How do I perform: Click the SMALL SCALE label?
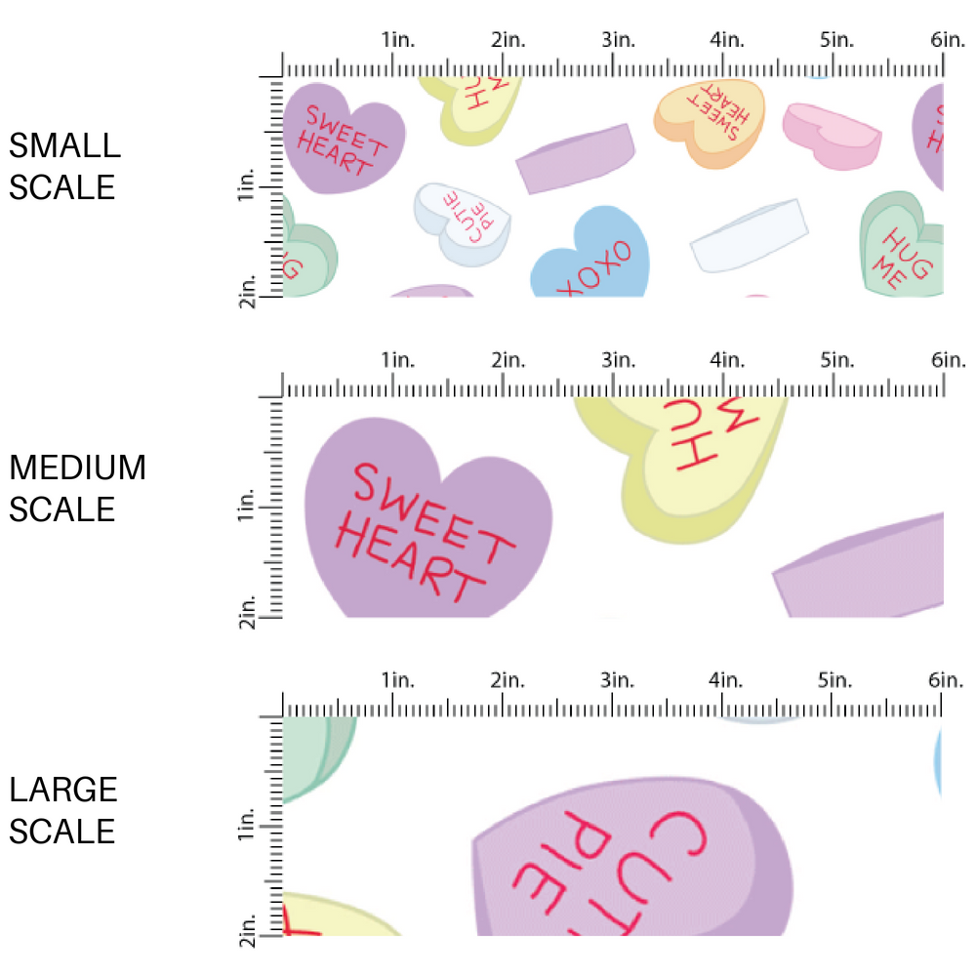tap(64, 166)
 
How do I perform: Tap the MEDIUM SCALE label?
tap(77, 488)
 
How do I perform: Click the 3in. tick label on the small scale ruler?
tap(617, 41)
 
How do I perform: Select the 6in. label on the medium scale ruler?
tap(947, 361)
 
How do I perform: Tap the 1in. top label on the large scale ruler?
tap(397, 680)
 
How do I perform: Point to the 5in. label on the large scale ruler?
tap(835, 680)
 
